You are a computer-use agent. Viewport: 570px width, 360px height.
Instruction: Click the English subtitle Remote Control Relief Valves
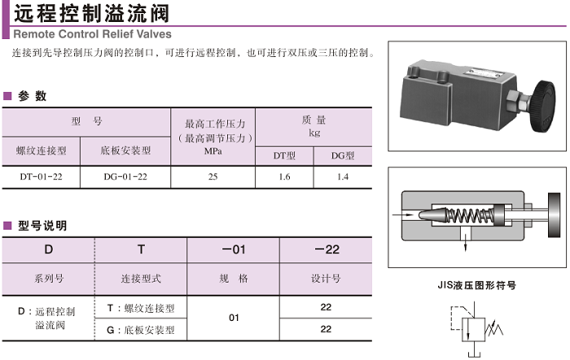pyautogui.click(x=92, y=34)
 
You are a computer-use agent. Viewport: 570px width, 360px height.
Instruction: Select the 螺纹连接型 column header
pyautogui.click(x=41, y=150)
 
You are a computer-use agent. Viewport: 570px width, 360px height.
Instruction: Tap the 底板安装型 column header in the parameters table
pyautogui.click(x=126, y=150)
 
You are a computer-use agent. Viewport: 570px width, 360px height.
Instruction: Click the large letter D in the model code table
pyautogui.click(x=48, y=249)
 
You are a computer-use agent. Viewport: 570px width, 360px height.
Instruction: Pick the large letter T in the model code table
pyautogui.click(x=140, y=249)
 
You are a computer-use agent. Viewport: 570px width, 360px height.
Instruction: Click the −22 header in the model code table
pyautogui.click(x=326, y=249)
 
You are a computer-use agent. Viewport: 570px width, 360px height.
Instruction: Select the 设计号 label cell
pyautogui.click(x=326, y=278)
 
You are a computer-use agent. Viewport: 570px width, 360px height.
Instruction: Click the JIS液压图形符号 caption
pyautogui.click(x=477, y=285)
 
